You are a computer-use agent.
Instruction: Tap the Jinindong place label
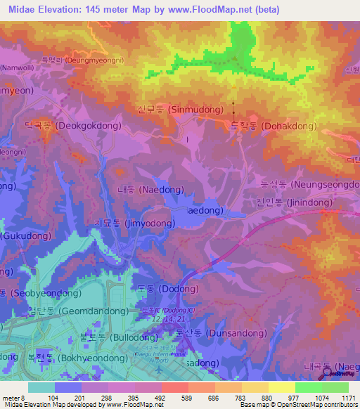coord(296,202)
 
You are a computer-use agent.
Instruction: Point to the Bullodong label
coord(109,337)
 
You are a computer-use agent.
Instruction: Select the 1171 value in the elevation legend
coord(345,398)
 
